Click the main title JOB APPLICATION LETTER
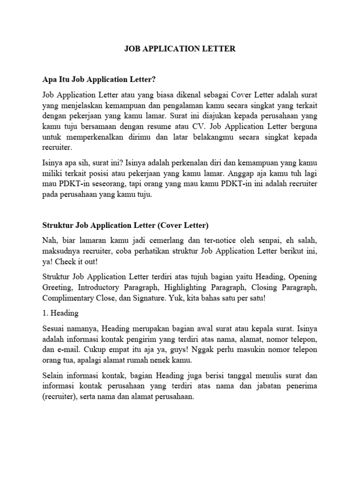(x=180, y=48)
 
